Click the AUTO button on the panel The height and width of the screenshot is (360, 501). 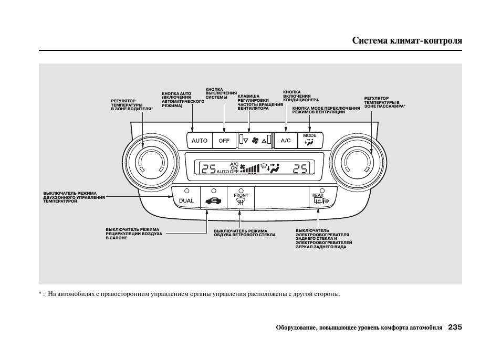200,141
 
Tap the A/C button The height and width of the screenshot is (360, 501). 286,141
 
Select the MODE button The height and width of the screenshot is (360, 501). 310,140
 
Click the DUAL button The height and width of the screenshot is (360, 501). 186,200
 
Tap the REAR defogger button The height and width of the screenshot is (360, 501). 320,199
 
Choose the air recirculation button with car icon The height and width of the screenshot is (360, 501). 213,200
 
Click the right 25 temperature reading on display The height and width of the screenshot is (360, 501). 300,168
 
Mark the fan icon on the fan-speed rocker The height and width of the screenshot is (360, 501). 256,141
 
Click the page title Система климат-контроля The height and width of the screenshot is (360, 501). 407,40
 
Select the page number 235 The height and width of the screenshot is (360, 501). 455,327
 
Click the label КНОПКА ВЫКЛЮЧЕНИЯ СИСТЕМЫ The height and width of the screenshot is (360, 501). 221,93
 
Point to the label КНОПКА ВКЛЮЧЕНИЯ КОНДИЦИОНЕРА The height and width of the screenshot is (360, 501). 301,96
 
